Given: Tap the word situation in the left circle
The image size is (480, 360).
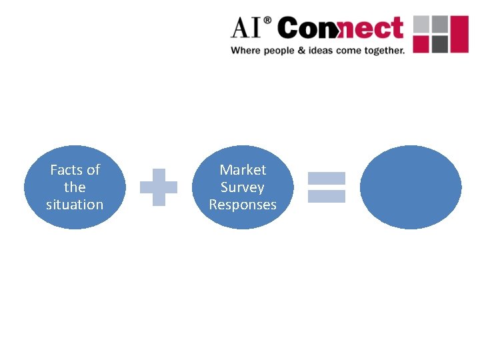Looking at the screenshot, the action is [x=75, y=205].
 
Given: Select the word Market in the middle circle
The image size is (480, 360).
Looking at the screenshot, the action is [x=243, y=170].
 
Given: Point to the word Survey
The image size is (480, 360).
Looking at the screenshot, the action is [x=243, y=187].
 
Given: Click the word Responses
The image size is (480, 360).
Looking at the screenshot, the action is [x=243, y=205].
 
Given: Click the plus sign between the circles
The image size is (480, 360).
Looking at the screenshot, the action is [x=159, y=187].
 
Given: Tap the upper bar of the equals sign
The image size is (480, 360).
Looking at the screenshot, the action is [x=326, y=179].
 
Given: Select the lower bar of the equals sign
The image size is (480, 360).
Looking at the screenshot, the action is [x=326, y=196].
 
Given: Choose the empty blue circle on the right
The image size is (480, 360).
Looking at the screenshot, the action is [x=411, y=187].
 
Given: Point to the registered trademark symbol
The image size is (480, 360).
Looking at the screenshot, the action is [x=268, y=21].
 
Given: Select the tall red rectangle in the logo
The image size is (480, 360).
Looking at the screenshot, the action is [x=460, y=34].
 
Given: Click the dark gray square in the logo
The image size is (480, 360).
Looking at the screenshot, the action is [x=439, y=44].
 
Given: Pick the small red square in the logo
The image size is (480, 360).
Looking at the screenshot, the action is [x=422, y=44].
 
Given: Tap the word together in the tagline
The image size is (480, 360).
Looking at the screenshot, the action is [x=382, y=51].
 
